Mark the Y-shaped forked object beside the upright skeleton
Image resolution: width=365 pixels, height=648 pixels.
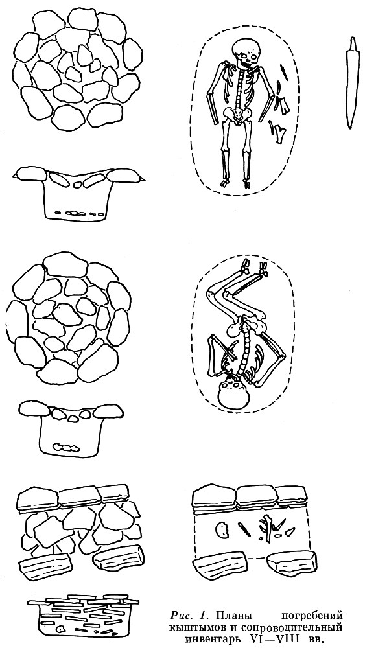[281, 134]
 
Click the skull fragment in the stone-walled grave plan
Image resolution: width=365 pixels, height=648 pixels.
[222, 529]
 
